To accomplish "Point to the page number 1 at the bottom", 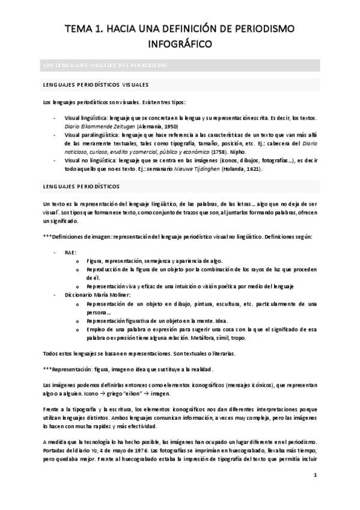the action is coord(315,475).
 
